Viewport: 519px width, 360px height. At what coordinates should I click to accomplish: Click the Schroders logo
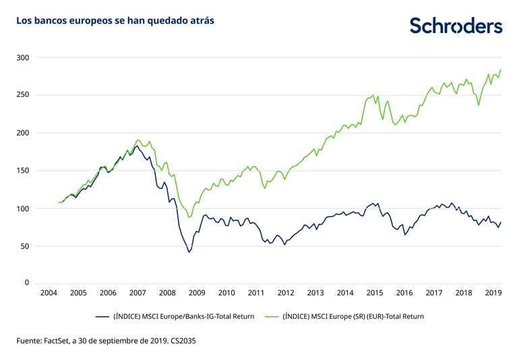(x=456, y=25)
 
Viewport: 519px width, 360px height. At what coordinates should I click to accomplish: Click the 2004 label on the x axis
(x=48, y=293)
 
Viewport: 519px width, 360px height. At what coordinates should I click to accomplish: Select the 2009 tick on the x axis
(x=196, y=293)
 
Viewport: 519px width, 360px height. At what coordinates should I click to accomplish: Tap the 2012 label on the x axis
(x=286, y=293)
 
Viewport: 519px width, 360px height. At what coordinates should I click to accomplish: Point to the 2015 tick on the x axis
(x=375, y=293)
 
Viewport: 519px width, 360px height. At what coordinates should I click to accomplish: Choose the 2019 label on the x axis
(x=493, y=293)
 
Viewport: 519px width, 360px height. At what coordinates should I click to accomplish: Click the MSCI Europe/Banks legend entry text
(x=183, y=316)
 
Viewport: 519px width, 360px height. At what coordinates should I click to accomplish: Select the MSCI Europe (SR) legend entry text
(x=354, y=316)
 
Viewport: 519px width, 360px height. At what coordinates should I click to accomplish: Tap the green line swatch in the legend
(x=273, y=316)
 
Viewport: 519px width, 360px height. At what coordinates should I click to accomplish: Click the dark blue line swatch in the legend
(x=102, y=316)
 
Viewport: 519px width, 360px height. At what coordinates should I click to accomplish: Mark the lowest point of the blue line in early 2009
(x=189, y=252)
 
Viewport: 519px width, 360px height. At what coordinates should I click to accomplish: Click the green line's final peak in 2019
(x=501, y=69)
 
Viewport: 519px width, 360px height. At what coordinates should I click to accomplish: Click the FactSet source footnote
(x=106, y=342)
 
